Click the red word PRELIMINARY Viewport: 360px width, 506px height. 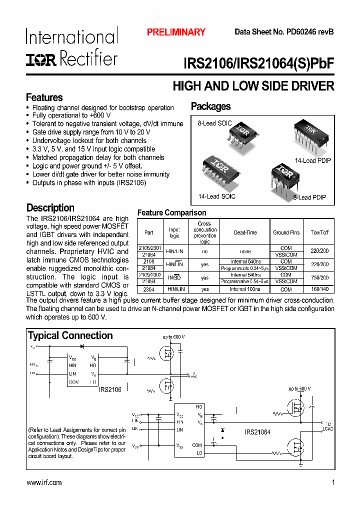[176, 32]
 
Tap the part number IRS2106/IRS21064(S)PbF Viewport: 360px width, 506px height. [258, 64]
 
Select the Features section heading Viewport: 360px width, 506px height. [44, 97]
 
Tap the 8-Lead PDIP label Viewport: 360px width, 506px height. [309, 197]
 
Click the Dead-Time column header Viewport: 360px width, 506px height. [245, 232]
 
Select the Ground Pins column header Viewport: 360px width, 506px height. [286, 232]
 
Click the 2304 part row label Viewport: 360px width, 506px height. [149, 289]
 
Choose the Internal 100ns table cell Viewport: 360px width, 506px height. [245, 289]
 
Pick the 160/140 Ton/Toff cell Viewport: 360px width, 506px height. [319, 289]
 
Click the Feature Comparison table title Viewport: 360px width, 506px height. [171, 213]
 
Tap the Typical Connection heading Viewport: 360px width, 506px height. [70, 335]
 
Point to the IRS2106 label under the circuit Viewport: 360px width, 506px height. [109, 389]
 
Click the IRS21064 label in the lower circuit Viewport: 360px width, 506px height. [257, 432]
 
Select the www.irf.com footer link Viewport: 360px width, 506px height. [44, 482]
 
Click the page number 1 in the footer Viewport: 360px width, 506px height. [333, 482]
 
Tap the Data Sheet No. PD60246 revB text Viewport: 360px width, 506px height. [284, 32]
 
